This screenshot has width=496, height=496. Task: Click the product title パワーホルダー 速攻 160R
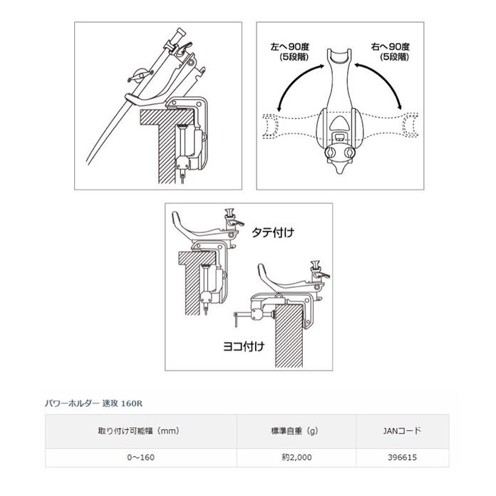[92, 403]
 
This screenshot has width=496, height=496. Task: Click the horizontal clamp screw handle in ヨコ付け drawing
[245, 313]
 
